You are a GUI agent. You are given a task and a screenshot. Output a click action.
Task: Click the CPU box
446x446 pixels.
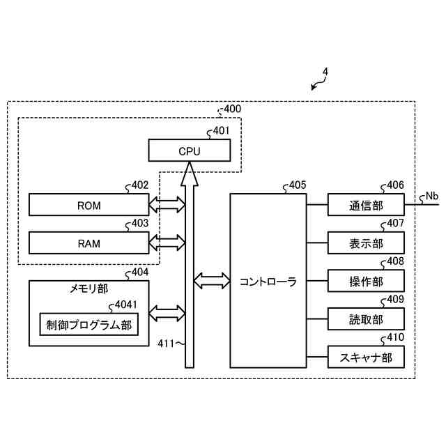point(190,151)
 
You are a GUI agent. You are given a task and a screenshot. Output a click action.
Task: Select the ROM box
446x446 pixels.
point(89,204)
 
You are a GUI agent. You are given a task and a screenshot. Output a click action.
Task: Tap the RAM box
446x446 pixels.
point(89,243)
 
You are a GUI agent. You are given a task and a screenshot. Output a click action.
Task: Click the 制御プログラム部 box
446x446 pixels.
point(89,324)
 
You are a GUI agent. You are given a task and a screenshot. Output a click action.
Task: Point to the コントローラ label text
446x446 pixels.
point(268,282)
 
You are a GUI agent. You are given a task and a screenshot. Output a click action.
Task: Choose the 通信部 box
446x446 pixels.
point(366,204)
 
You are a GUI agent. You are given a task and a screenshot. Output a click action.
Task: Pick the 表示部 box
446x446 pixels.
point(366,243)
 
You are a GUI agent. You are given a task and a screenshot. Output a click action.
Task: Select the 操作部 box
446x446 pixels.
point(366,281)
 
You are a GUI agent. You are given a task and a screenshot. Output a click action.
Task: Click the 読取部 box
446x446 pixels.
point(366,319)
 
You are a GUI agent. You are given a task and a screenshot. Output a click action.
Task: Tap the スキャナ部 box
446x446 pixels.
point(366,357)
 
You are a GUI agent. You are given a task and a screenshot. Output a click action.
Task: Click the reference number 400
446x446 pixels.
point(232,109)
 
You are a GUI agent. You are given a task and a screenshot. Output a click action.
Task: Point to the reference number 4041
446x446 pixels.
point(126,305)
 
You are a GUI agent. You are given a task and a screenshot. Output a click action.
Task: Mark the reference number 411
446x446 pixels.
point(166,344)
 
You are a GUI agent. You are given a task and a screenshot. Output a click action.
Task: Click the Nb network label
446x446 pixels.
point(432,197)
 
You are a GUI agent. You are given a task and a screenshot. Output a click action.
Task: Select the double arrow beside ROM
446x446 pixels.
point(167,204)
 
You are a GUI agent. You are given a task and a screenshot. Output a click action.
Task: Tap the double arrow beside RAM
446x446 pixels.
point(167,243)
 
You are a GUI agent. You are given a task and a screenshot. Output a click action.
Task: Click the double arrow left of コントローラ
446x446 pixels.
point(212,281)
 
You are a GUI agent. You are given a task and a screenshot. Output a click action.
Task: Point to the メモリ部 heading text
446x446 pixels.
point(89,289)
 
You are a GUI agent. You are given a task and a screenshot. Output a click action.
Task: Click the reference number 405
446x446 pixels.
point(298,185)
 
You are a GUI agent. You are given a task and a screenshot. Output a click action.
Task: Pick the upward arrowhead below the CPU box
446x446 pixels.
point(190,174)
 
